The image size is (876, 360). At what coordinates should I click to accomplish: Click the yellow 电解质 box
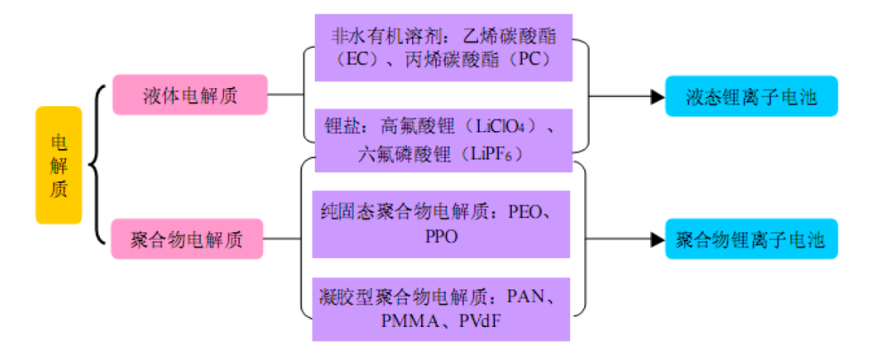click(x=59, y=165)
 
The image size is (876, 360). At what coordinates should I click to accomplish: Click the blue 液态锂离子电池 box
click(x=752, y=96)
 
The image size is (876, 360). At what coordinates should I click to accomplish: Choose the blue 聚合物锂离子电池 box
click(x=751, y=240)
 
